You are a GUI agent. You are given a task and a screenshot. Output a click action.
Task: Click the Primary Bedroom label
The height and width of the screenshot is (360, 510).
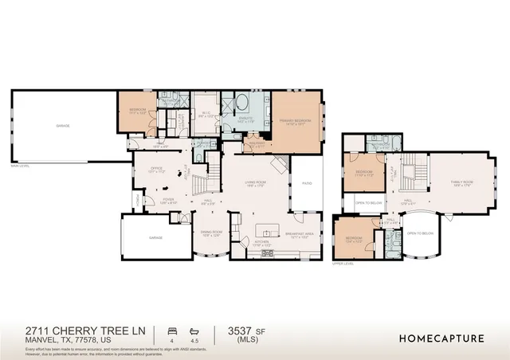pyautogui.click(x=295, y=122)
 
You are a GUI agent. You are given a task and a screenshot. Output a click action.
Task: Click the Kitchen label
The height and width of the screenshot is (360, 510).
pyautogui.click(x=262, y=245)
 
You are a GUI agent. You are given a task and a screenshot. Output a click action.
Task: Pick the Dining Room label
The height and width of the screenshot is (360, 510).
pyautogui.click(x=211, y=234)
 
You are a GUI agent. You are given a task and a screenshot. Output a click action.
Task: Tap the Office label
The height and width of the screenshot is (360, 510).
pyautogui.click(x=157, y=170)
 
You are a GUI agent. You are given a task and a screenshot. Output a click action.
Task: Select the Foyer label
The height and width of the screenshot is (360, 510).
pyautogui.click(x=169, y=200)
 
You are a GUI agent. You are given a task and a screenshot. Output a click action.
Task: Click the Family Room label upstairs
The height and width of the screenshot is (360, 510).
pyautogui.click(x=461, y=183)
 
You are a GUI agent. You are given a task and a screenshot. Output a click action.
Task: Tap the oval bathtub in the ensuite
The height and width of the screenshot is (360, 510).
pyautogui.click(x=241, y=104)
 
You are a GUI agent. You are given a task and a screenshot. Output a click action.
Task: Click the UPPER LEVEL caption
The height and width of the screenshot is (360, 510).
pyautogui.click(x=343, y=262)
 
